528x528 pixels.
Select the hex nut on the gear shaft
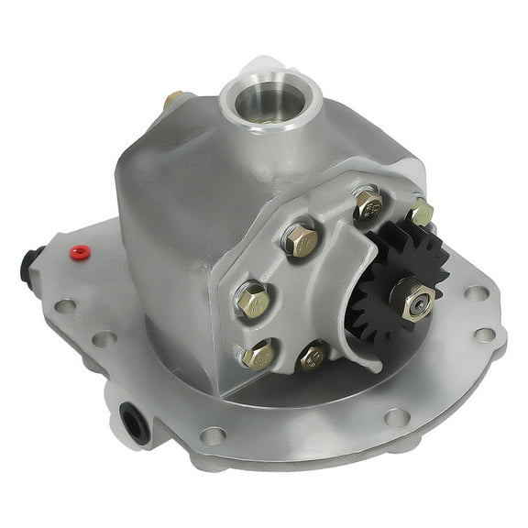click(x=412, y=298)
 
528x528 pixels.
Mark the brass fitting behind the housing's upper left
click(x=173, y=100)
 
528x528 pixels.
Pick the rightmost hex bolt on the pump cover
click(x=421, y=213)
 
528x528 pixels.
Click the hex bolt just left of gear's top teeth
click(x=368, y=205)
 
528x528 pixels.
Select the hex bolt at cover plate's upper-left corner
click(x=301, y=240)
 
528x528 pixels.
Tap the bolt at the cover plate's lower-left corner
click(x=258, y=354)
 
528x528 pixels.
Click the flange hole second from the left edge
click(x=104, y=338)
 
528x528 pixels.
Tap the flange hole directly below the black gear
click(x=396, y=417)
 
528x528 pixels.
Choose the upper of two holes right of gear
click(x=476, y=293)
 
